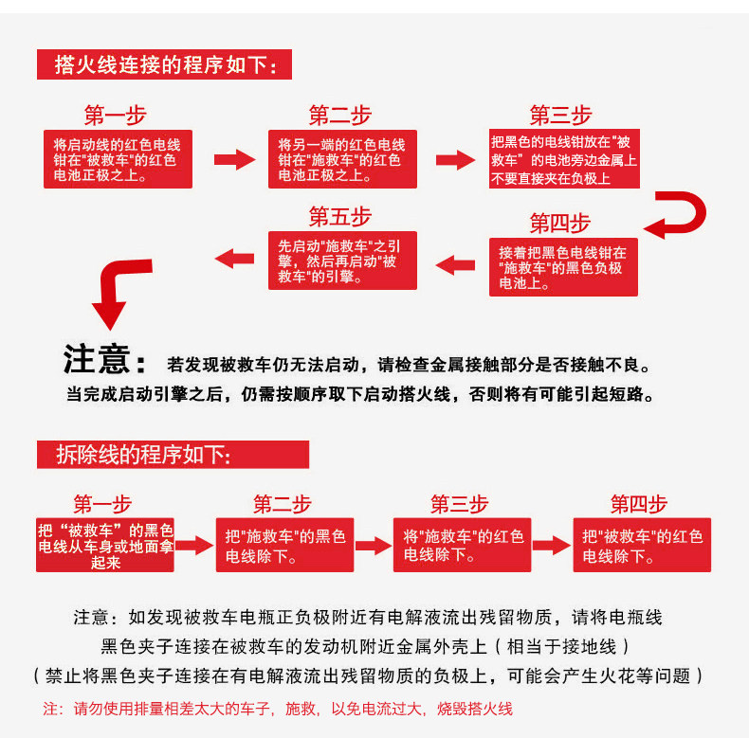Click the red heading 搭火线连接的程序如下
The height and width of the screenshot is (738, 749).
pyautogui.click(x=165, y=65)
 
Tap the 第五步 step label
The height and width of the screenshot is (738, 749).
pyautogui.click(x=339, y=217)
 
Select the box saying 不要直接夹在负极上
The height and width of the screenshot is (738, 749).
pyautogui.click(x=564, y=159)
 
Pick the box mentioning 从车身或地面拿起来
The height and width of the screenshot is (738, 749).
pyautogui.click(x=105, y=547)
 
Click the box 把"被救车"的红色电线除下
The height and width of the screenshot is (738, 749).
pyautogui.click(x=642, y=547)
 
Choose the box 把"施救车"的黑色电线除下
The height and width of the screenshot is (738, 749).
pyautogui.click(x=284, y=547)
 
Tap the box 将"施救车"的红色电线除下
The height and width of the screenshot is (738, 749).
pyautogui.click(x=463, y=547)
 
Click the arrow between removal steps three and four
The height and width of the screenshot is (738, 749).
pyautogui.click(x=552, y=545)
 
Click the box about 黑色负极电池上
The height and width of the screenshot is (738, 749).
pyautogui.click(x=563, y=267)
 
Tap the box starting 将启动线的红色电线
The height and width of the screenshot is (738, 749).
pyautogui.click(x=118, y=160)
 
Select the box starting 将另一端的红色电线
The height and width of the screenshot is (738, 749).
pyautogui.click(x=341, y=160)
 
